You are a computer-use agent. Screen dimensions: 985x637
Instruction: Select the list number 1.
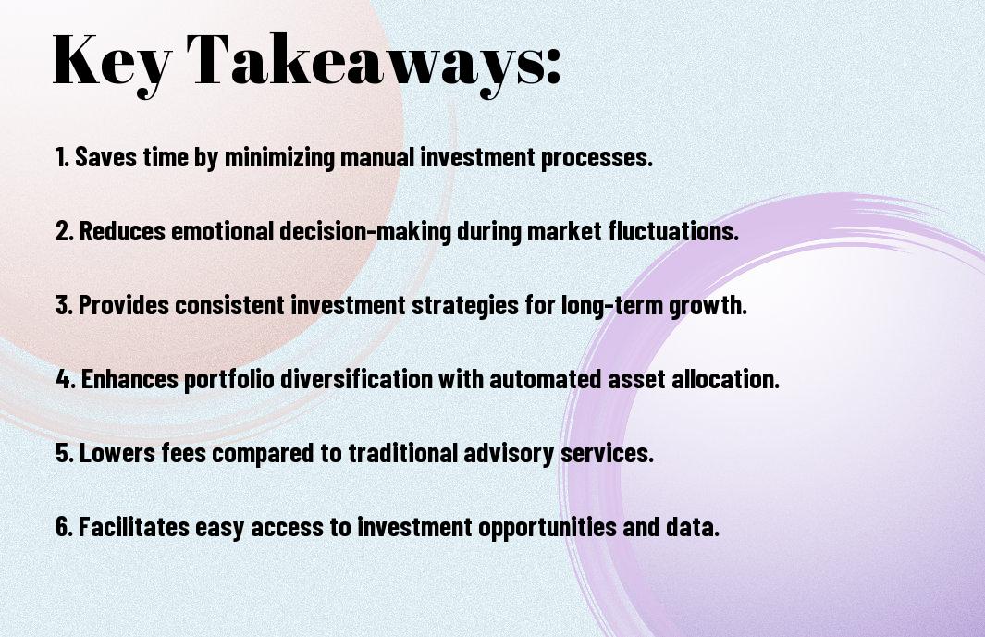pyautogui.click(x=62, y=157)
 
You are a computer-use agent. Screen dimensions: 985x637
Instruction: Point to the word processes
pyautogui.click(x=597, y=158)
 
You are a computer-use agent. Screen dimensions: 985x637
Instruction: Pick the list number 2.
pyautogui.click(x=65, y=231)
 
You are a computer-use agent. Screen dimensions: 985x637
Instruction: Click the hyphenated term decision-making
pyautogui.click(x=365, y=232)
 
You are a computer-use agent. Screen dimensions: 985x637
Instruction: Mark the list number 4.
pyautogui.click(x=66, y=379)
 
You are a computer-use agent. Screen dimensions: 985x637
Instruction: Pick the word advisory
pyautogui.click(x=509, y=454)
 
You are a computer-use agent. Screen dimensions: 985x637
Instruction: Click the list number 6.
pyautogui.click(x=65, y=527)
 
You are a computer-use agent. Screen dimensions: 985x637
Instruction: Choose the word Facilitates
pyautogui.click(x=134, y=526)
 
